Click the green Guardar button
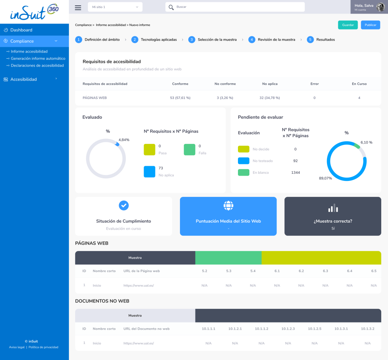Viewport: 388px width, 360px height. click(348, 25)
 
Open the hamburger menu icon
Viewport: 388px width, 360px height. click(78, 7)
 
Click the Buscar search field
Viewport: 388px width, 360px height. click(235, 7)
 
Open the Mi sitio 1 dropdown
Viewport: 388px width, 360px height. click(115, 7)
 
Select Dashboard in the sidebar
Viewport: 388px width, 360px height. click(21, 30)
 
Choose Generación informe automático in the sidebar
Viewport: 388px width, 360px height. click(38, 59)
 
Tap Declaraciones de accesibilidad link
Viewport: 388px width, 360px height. click(37, 65)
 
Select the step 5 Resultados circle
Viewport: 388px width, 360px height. click(310, 39)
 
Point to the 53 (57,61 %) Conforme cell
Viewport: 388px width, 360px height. click(180, 98)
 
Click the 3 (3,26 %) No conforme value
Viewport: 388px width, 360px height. click(225, 98)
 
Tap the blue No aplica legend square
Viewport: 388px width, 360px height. click(149, 171)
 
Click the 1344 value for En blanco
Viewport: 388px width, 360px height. click(296, 173)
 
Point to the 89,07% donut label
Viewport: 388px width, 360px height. click(325, 178)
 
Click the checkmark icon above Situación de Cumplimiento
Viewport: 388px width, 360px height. click(124, 205)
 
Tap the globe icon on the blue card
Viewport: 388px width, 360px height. click(228, 206)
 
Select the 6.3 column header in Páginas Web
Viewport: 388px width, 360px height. click(325, 271)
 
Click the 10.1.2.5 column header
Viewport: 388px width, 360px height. click(314, 329)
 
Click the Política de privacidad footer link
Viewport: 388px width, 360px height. click(43, 347)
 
